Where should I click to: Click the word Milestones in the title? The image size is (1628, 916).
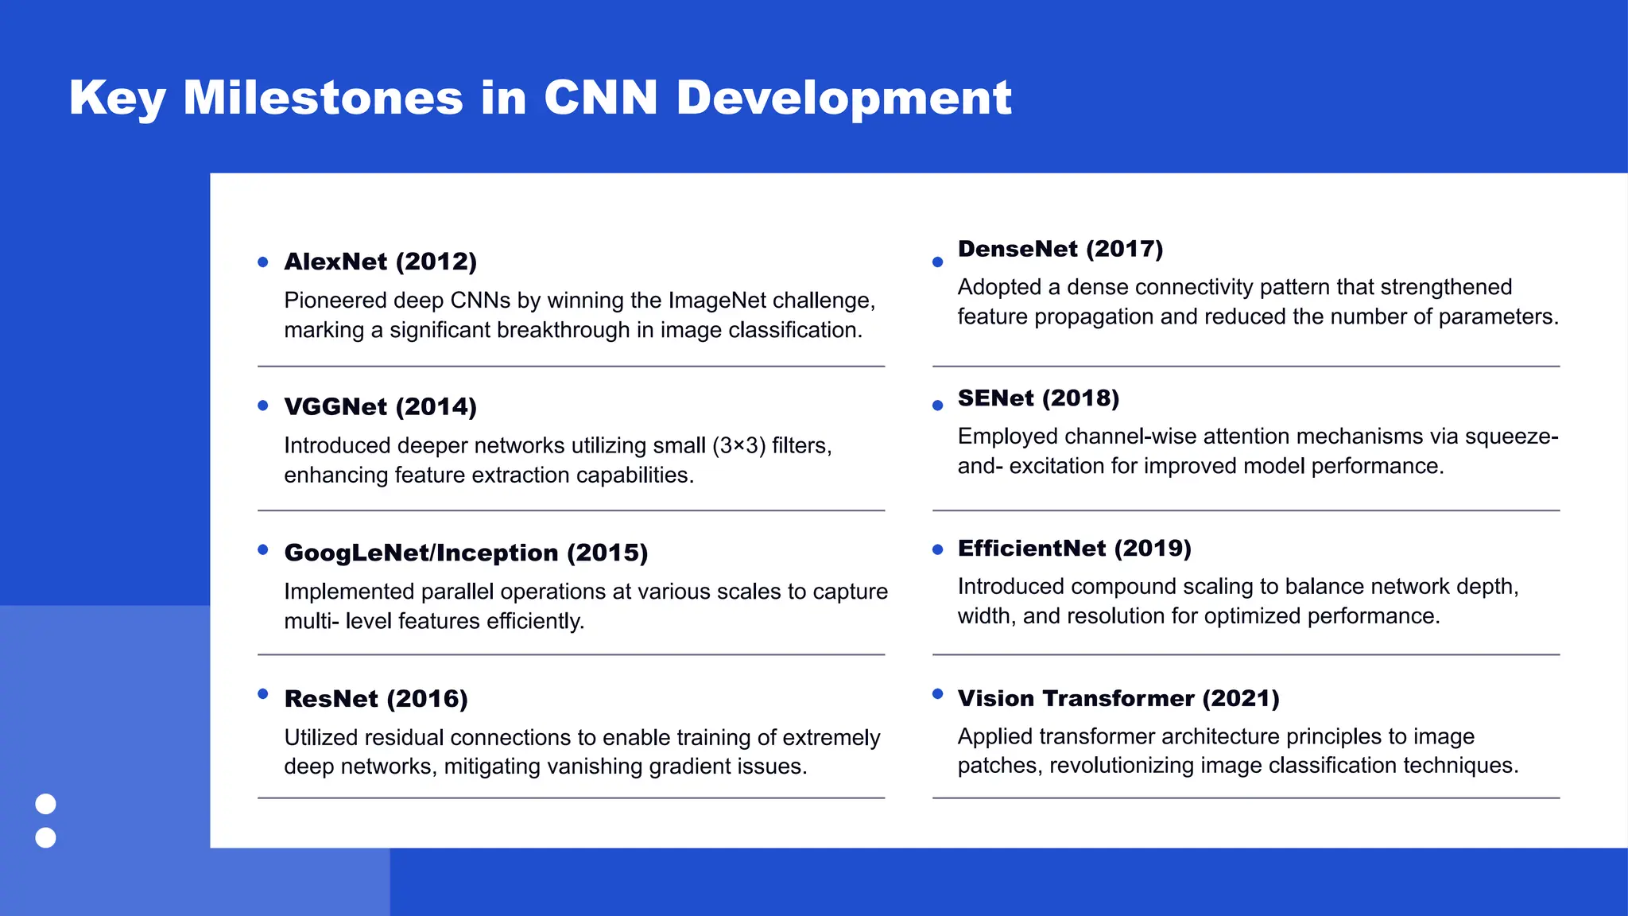point(323,98)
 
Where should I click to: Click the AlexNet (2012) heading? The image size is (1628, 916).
point(380,262)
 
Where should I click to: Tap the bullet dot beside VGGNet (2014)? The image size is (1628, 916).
point(263,406)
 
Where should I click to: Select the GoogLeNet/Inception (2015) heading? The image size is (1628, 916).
point(466,553)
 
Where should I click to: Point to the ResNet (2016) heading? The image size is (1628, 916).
point(376,699)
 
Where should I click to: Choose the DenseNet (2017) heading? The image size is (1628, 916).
point(1060,249)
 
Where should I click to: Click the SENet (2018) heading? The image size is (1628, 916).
point(1038,398)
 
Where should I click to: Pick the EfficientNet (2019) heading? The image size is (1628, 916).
point(1074,549)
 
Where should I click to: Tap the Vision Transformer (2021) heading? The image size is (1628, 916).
point(1118,698)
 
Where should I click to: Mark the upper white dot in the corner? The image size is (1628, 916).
point(46,804)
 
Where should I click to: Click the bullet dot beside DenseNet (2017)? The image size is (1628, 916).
point(937,262)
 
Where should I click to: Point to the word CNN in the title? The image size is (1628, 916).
point(600,98)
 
